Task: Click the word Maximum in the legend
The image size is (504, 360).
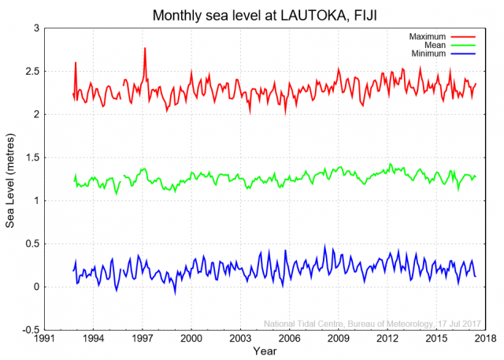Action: click(x=427, y=37)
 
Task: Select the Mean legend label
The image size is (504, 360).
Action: click(x=435, y=46)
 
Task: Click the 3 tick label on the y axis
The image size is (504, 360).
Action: click(x=35, y=28)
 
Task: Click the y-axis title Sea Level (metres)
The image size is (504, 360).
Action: click(x=10, y=179)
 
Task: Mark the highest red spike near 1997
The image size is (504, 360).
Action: click(x=145, y=49)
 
